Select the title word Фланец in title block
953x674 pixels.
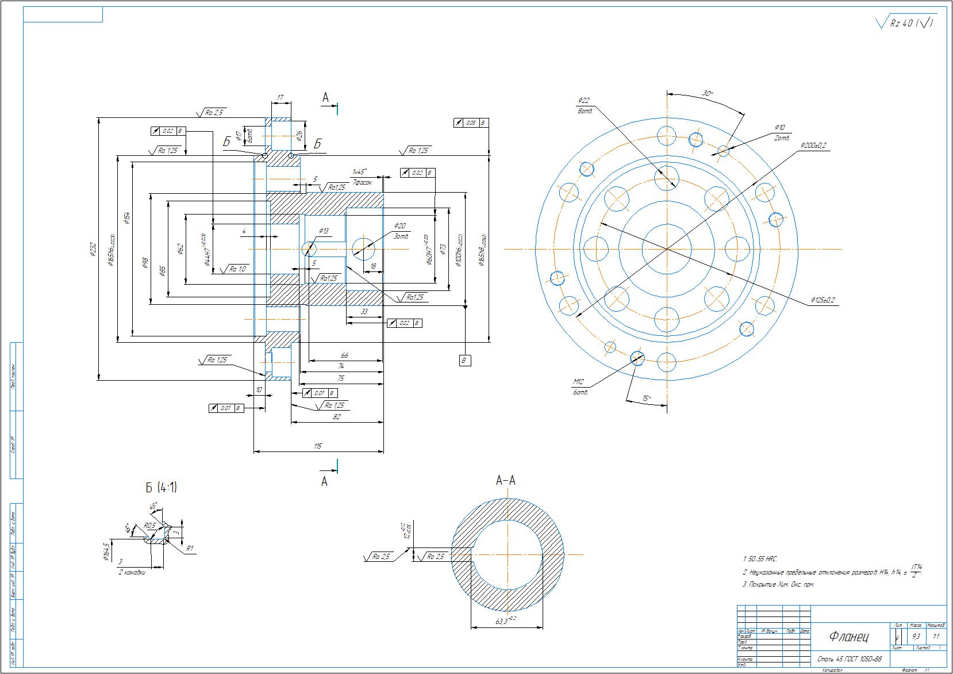pos(849,637)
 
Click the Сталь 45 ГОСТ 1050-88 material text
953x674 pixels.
pos(849,659)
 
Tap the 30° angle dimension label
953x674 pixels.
pos(708,93)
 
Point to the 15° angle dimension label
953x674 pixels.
pos(647,398)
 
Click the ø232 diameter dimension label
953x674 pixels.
pos(93,248)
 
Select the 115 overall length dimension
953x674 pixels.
pos(318,446)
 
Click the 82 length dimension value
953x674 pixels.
pos(337,417)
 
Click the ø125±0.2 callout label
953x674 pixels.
pos(823,300)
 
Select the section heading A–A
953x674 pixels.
pos(505,480)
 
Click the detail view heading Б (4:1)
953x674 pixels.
pos(161,488)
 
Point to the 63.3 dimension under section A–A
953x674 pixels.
pos(501,621)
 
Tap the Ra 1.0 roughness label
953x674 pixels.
pos(237,269)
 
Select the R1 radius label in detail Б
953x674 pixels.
pos(190,549)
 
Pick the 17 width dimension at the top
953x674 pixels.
pos(280,98)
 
